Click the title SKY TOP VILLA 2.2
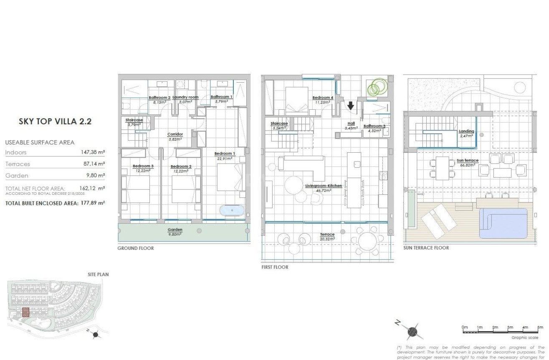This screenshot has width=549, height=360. click(x=55, y=122)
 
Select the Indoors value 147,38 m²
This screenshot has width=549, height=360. click(x=93, y=153)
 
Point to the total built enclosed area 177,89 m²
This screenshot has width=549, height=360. click(x=93, y=203)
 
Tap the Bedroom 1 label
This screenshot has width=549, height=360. click(x=225, y=154)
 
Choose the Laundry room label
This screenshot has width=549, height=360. click(x=185, y=97)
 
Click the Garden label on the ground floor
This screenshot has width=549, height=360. click(x=175, y=229)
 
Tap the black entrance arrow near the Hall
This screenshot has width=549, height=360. click(x=351, y=106)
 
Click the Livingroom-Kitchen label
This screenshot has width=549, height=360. click(x=324, y=186)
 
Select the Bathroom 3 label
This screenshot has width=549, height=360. click(x=374, y=126)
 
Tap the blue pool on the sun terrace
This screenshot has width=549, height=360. click(x=503, y=223)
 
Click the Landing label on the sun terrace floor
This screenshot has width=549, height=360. click(x=466, y=131)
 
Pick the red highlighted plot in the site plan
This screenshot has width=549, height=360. click(x=26, y=312)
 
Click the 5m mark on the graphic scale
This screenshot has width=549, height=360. click(x=540, y=327)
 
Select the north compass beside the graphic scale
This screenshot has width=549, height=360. click(x=412, y=331)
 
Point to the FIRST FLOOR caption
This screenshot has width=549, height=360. click(x=275, y=267)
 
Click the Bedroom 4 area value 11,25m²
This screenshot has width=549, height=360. click(x=323, y=102)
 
